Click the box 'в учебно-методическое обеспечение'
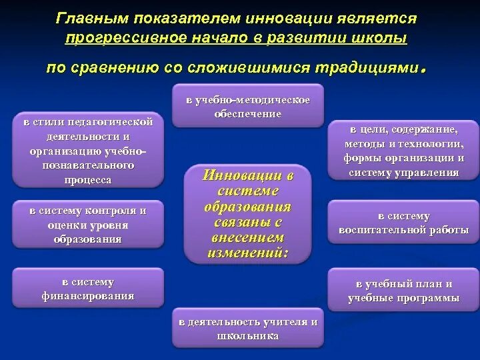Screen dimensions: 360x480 (247, 106)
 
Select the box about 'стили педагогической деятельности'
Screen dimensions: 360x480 (88, 151)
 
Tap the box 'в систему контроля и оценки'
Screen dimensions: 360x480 (88, 225)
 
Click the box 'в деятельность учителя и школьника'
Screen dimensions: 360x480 (247, 329)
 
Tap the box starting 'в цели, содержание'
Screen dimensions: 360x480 (403, 150)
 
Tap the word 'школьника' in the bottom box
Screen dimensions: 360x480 (247, 336)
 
